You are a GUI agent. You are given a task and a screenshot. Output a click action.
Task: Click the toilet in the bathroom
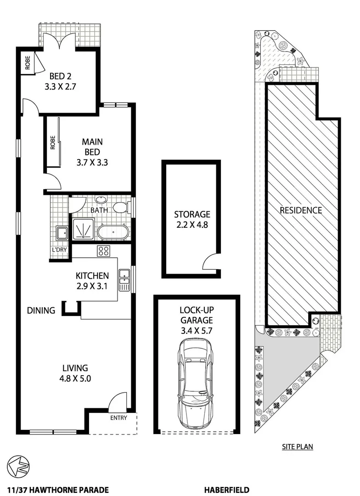pyautogui.click(x=121, y=208)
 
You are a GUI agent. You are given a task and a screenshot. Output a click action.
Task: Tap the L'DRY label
pyautogui.click(x=59, y=250)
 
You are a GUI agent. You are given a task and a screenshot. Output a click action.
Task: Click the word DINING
pyautogui.click(x=41, y=310)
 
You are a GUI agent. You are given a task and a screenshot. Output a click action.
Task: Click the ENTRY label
pyautogui.click(x=118, y=418)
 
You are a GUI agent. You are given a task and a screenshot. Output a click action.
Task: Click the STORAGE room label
pyautogui.click(x=191, y=214)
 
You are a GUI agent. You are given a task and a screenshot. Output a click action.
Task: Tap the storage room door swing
pyautogui.click(x=210, y=263)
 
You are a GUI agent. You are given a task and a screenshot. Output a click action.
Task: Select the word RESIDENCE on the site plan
pyautogui.click(x=301, y=210)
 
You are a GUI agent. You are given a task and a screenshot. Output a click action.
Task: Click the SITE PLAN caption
pyautogui.click(x=298, y=446)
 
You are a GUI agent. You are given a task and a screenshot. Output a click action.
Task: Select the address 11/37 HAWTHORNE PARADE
pyautogui.click(x=58, y=490)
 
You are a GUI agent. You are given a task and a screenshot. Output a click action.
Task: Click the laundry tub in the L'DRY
pyautogui.click(x=62, y=233)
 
